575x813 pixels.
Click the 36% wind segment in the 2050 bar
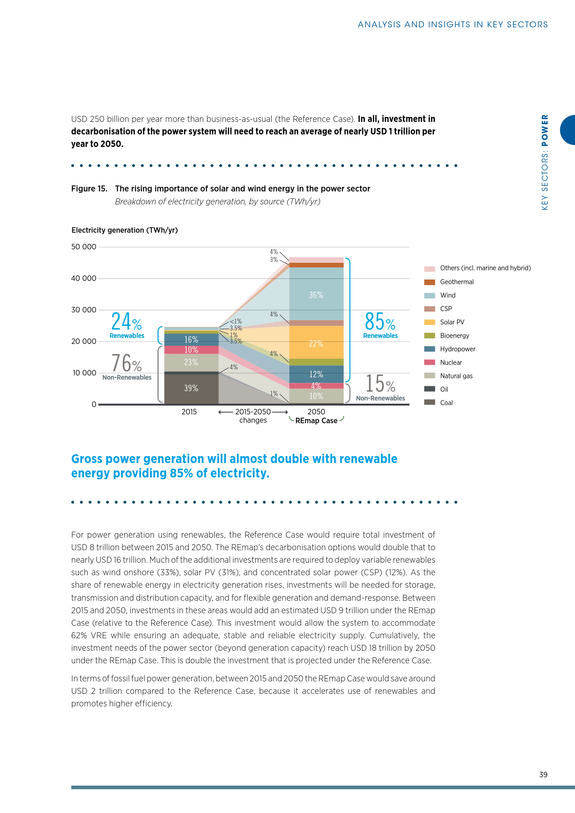[316, 294]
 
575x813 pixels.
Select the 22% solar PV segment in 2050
[316, 343]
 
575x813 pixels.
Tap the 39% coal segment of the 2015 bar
[191, 388]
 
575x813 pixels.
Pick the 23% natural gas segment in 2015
[191, 362]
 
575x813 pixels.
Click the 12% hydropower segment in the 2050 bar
[316, 374]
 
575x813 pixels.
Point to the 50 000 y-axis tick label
[84, 247]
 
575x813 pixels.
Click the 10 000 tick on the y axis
[84, 373]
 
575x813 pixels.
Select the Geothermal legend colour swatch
[429, 282]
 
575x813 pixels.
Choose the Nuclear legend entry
[451, 362]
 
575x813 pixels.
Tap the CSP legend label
[446, 309]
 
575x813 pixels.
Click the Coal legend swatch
[429, 402]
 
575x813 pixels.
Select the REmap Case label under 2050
[316, 421]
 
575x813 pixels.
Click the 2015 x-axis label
[189, 412]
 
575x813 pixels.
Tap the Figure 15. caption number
[89, 189]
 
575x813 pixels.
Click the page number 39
[543, 775]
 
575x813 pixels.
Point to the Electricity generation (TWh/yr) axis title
[125, 230]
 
